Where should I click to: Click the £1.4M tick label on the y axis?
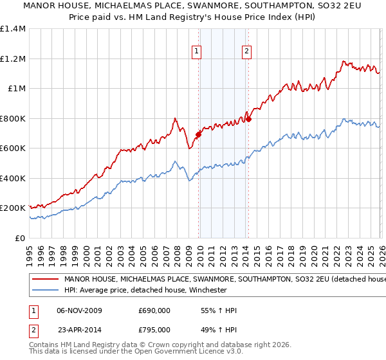tap(13, 29)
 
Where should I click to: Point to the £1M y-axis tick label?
tap(15, 89)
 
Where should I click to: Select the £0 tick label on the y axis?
tap(20, 238)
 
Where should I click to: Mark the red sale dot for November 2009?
tap(198, 134)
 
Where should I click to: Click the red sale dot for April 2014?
tap(248, 119)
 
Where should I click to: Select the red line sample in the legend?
tap(46, 280)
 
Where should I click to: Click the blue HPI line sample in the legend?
tap(46, 290)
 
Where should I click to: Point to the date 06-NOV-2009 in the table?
tap(80, 310)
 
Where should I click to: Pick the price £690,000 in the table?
tap(154, 310)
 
